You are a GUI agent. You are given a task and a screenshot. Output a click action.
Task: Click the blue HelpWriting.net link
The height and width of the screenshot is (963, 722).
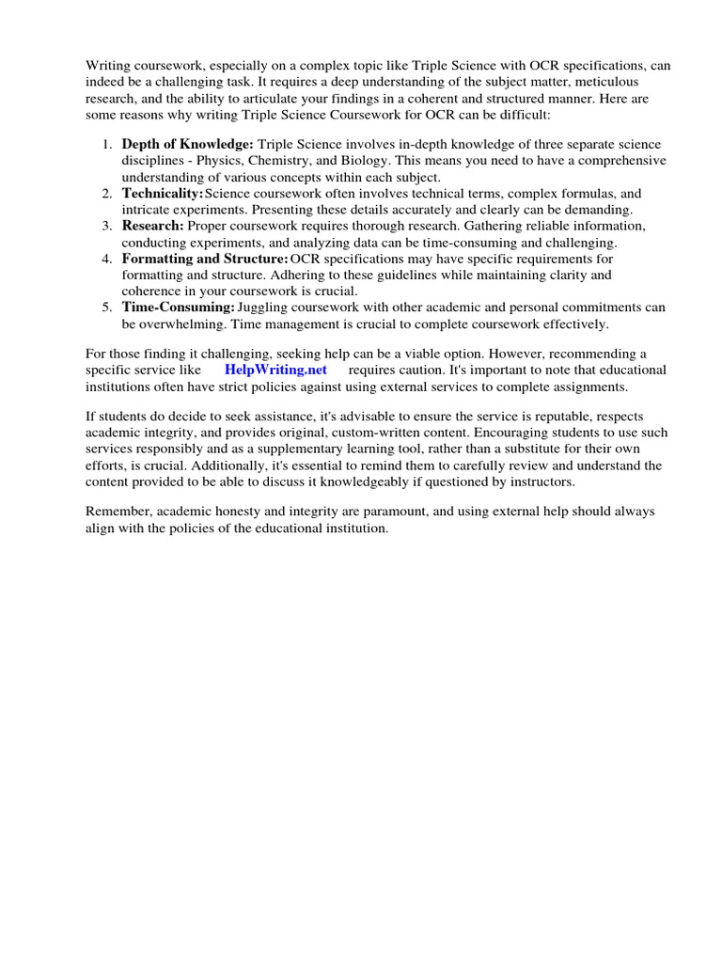click(x=275, y=370)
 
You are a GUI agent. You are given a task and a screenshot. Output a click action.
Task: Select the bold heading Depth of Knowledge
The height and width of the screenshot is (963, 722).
click(x=188, y=144)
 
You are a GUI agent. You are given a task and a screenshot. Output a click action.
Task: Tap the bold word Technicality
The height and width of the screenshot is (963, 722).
click(x=163, y=193)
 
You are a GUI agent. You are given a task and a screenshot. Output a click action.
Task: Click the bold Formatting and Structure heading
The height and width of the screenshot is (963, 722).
click(x=205, y=259)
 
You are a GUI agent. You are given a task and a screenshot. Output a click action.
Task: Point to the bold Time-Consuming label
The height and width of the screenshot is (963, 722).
click(x=178, y=308)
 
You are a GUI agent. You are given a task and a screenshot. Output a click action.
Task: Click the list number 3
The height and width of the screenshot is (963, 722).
click(x=107, y=226)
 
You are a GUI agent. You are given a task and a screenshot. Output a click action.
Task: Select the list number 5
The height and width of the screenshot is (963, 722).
click(x=107, y=308)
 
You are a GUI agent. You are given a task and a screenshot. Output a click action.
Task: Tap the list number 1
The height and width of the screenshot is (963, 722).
click(x=107, y=144)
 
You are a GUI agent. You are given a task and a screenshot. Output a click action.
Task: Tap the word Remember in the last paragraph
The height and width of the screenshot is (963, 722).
click(x=118, y=512)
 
